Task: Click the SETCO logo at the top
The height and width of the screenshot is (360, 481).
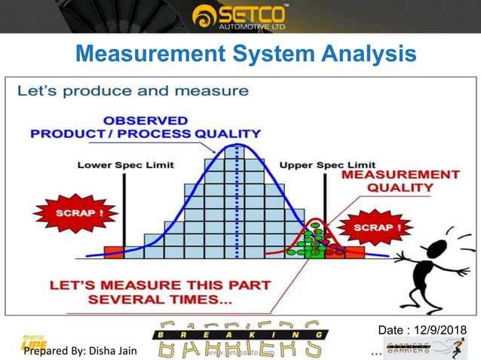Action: [x=239, y=16]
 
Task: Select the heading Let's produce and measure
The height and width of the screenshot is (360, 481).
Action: [x=133, y=92]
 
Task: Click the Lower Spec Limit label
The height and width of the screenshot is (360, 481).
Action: [x=125, y=165]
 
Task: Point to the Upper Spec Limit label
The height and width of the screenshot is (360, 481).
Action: [x=327, y=165]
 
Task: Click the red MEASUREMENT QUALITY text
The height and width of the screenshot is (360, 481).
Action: [x=400, y=182]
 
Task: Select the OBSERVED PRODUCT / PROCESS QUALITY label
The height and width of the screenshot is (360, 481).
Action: [x=146, y=127]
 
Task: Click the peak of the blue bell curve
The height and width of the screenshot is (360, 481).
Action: [x=238, y=145]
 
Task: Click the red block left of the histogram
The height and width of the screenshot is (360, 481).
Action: [x=113, y=252]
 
